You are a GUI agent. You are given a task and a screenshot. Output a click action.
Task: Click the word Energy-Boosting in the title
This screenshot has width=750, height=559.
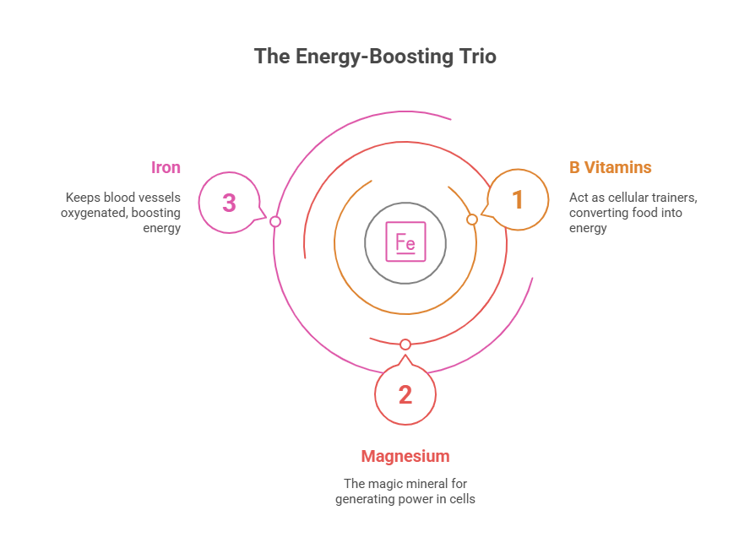372,57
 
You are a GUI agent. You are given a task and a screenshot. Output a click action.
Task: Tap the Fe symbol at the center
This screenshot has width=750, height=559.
405,243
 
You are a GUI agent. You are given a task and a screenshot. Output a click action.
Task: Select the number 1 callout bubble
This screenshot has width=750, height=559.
518,200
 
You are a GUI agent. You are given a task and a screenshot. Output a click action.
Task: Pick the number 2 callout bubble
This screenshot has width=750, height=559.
405,394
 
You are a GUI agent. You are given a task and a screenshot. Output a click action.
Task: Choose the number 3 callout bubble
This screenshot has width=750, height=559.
229,203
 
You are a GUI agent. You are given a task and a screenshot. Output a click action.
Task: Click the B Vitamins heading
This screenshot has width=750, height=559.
610,167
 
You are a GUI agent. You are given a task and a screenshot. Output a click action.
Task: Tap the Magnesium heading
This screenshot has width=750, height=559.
405,457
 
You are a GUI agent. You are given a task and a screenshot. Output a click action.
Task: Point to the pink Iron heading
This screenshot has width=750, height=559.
166,167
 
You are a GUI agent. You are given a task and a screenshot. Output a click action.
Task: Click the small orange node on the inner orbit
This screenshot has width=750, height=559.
472,220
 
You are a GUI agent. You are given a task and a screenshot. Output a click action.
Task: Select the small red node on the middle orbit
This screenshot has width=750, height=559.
405,345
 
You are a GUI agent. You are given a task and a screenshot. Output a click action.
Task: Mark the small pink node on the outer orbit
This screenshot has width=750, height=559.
274,221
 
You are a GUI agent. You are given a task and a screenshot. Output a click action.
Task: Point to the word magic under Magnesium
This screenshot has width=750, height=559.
383,484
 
